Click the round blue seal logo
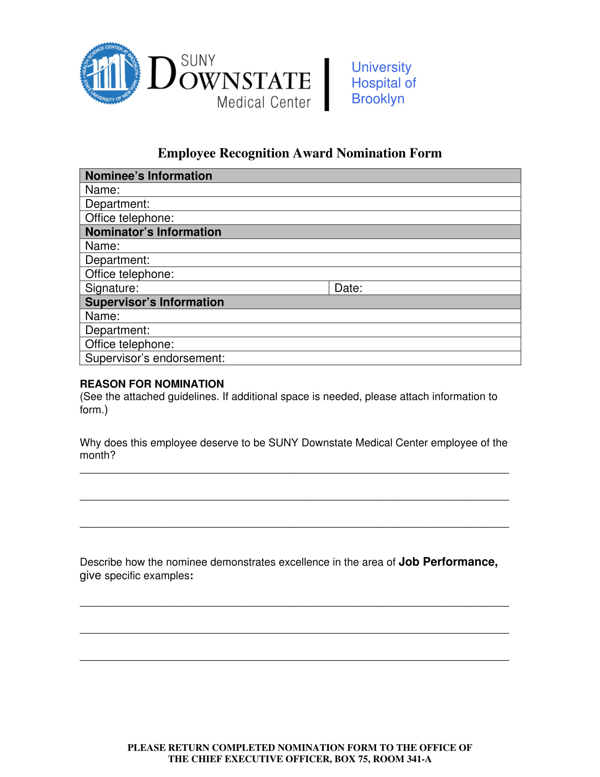[x=110, y=73]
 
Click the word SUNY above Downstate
[x=198, y=60]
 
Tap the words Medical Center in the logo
[x=264, y=102]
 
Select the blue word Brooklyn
[x=378, y=99]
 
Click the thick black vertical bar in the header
[x=327, y=85]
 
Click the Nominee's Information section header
[x=149, y=176]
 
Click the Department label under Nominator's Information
[x=117, y=260]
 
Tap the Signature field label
[x=112, y=288]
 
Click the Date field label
[x=348, y=288]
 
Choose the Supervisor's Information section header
[x=154, y=302]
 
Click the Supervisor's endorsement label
[x=155, y=358]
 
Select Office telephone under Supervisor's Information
[x=130, y=344]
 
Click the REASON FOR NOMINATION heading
[x=152, y=384]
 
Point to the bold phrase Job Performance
[x=448, y=562]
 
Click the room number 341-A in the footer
[x=419, y=759]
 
